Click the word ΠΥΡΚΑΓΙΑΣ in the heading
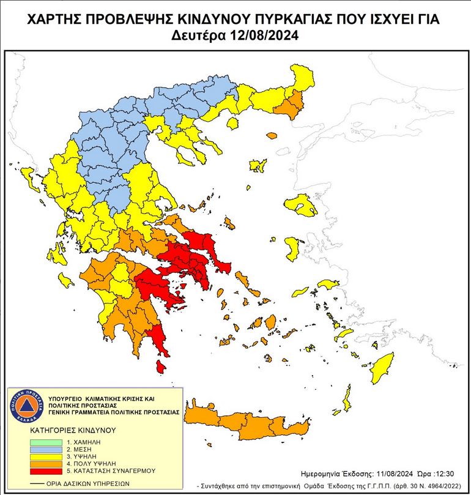[267, 20]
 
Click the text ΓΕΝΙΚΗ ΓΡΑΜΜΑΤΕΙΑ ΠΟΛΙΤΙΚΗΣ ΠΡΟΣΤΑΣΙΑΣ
[113, 412]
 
